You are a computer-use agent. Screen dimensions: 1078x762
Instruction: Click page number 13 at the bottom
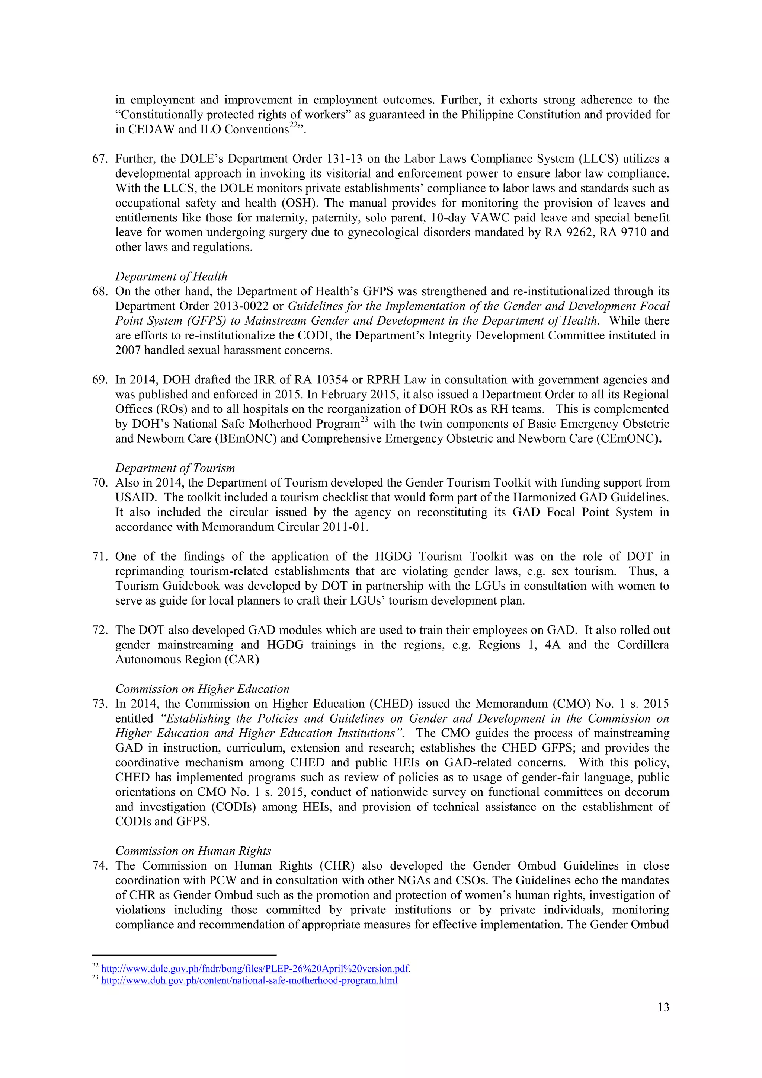point(663,1007)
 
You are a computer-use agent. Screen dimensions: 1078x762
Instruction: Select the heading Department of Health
point(171,277)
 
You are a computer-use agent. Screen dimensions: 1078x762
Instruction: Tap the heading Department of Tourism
point(175,468)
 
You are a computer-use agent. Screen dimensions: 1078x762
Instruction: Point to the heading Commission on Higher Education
point(202,689)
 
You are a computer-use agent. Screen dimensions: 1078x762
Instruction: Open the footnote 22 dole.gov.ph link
point(255,968)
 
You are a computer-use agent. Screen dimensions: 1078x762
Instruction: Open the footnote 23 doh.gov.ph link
point(249,980)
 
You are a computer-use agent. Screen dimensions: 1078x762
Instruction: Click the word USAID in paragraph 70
point(135,498)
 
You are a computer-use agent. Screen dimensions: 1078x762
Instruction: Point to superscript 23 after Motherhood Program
point(365,420)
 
